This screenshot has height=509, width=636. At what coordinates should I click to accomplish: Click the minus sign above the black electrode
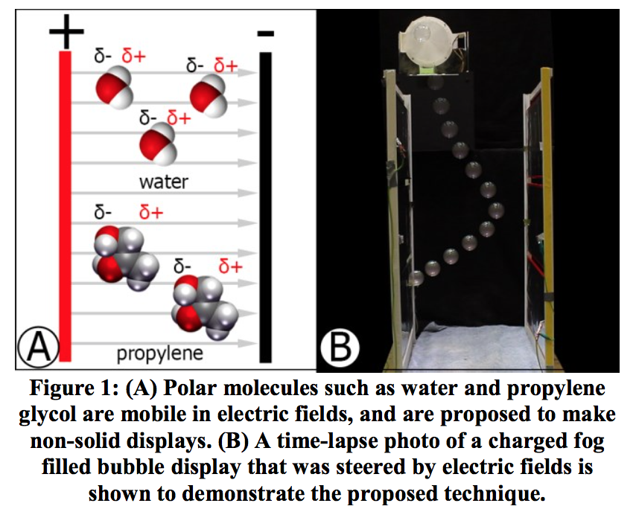(x=265, y=34)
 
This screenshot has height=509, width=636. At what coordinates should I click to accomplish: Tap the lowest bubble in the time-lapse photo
(x=415, y=279)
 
